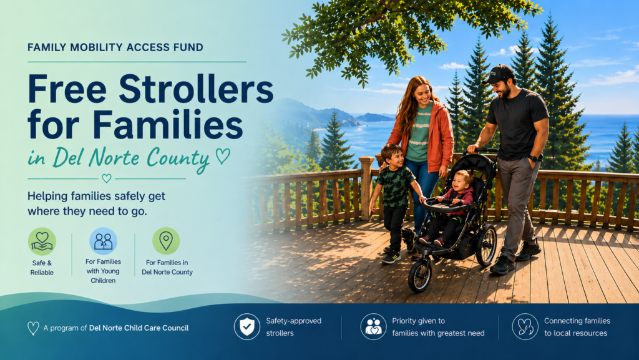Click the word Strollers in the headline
(x=196, y=89)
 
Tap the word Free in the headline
(x=67, y=89)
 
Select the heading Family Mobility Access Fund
(x=115, y=47)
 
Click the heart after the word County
(x=223, y=155)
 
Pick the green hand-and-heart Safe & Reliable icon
(x=42, y=241)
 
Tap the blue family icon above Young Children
(x=103, y=241)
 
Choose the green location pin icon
(x=166, y=241)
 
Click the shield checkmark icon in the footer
(x=247, y=326)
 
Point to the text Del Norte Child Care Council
(x=139, y=328)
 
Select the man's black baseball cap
(x=499, y=74)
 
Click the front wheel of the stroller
(x=420, y=275)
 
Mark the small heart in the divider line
(x=106, y=178)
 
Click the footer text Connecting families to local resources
(x=577, y=327)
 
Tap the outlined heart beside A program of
(x=33, y=328)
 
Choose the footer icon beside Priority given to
(x=373, y=326)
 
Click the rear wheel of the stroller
(x=486, y=246)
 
